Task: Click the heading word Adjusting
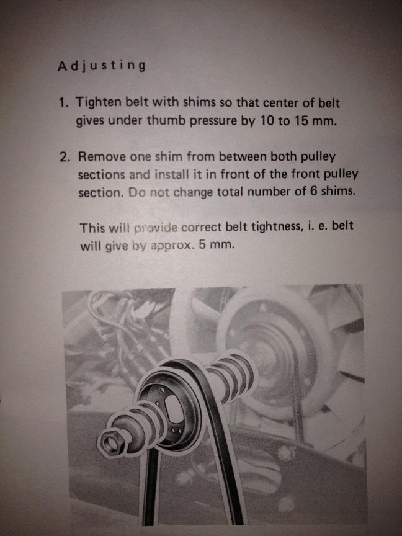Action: point(102,66)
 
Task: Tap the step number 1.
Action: point(63,102)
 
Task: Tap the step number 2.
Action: point(65,157)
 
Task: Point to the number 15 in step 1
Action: point(301,121)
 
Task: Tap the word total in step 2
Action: point(232,192)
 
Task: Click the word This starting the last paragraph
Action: point(92,228)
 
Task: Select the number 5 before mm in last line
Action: point(202,245)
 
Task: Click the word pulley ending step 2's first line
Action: point(318,156)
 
